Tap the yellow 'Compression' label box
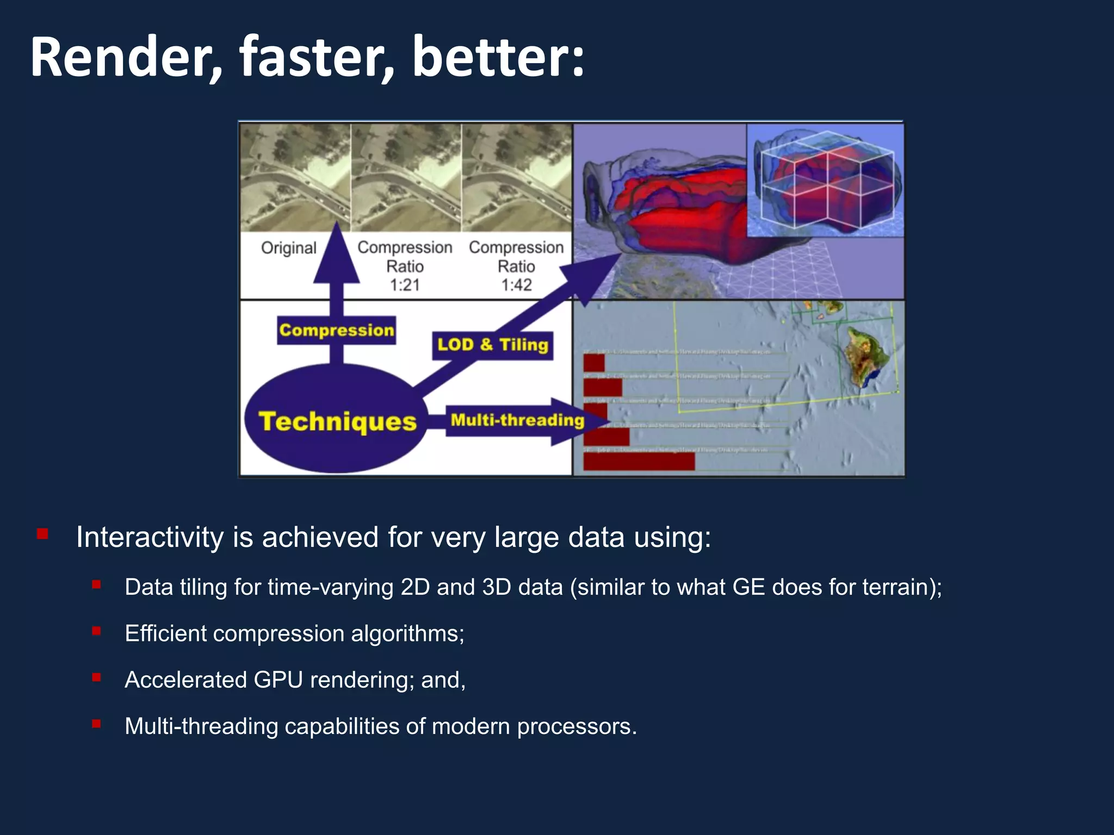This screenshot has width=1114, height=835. [336, 330]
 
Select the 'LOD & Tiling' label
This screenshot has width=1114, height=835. [492, 345]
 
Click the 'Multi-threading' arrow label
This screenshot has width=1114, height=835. [517, 420]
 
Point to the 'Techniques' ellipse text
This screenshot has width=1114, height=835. [337, 421]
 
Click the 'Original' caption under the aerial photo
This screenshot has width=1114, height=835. [288, 248]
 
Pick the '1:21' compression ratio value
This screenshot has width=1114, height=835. [405, 285]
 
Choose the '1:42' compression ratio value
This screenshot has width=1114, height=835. [516, 285]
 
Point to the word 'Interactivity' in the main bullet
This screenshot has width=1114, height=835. [150, 537]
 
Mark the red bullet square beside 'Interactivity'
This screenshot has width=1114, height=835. [42, 534]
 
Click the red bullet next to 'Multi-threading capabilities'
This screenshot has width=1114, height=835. [96, 724]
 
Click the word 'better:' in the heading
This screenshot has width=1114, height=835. [498, 57]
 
